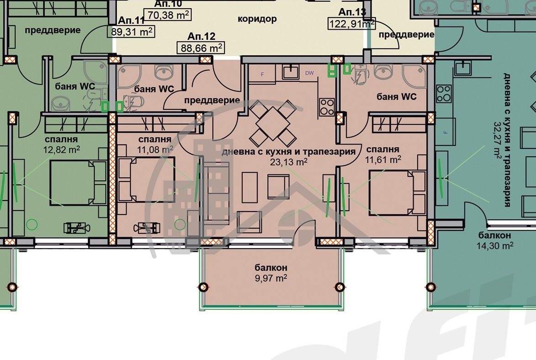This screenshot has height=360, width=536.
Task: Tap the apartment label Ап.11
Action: coord(131,21)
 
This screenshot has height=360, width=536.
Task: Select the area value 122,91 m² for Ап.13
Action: coord(350,23)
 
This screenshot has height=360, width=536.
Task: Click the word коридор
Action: coord(257,19)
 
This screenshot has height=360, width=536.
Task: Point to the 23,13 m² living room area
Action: coord(288,161)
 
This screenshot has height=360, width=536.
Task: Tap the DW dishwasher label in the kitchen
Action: coord(309,73)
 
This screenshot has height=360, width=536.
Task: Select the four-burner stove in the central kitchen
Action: coord(326,107)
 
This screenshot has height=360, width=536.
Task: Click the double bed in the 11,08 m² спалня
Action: coord(146,179)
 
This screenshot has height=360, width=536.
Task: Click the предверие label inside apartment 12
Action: coord(212,100)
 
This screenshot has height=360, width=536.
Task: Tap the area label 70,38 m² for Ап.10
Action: coord(167,15)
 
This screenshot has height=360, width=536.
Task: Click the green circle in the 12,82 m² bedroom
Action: coord(32,224)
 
